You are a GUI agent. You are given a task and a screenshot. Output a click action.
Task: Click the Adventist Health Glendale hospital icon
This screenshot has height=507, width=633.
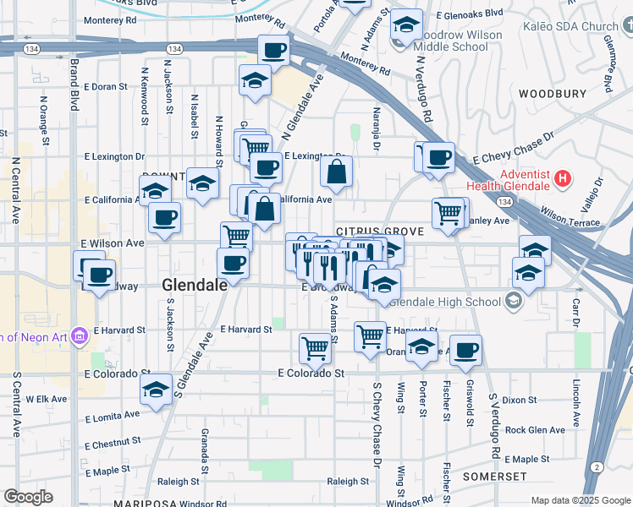coord(563,179)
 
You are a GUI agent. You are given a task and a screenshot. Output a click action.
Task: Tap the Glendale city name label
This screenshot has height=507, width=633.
coord(195,285)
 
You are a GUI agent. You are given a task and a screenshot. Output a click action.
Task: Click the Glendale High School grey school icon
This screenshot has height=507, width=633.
coord(513,301)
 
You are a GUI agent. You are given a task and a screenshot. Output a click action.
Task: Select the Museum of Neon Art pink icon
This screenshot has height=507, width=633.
coord(80,336)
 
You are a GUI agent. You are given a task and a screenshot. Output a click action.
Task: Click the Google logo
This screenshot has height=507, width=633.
coord(28,497)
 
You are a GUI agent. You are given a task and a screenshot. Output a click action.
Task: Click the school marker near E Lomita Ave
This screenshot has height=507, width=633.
coord(155,390)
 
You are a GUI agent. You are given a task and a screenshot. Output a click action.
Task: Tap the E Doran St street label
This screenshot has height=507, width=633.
coord(105,86)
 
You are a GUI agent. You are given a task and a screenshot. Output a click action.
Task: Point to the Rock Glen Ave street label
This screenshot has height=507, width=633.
coord(534,430)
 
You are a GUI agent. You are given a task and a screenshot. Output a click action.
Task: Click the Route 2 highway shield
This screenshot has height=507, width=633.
coord(597,467)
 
